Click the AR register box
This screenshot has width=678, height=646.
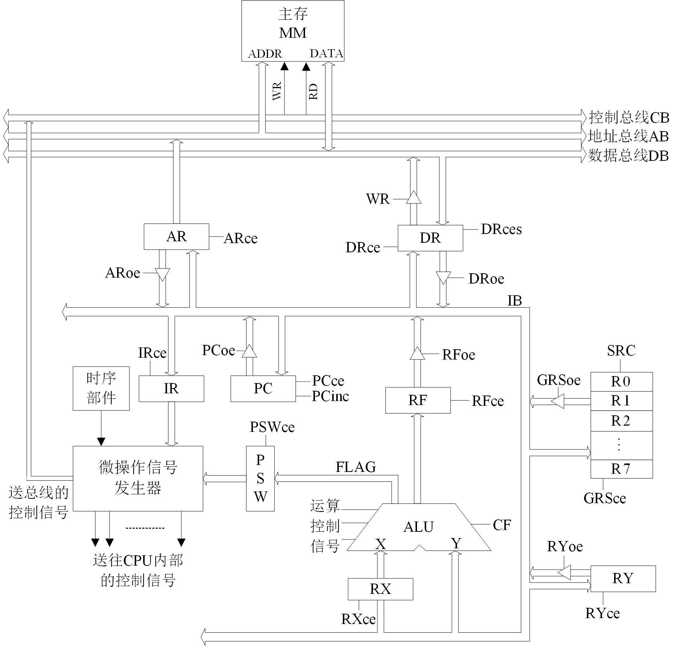(x=176, y=237)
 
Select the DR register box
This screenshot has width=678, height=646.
(x=430, y=238)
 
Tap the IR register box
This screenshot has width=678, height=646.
(x=171, y=389)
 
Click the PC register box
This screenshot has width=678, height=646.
(x=263, y=389)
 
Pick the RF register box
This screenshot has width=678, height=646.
(x=418, y=400)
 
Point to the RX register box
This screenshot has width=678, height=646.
(x=380, y=589)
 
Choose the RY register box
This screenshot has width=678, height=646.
(x=623, y=578)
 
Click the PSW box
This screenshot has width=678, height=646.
(x=260, y=478)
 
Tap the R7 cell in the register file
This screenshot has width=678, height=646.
(x=621, y=469)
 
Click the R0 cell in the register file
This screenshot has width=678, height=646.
(x=621, y=382)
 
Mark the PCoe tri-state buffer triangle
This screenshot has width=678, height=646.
(x=249, y=351)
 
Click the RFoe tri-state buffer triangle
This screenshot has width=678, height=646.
(x=417, y=354)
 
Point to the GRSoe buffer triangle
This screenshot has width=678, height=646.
(x=558, y=401)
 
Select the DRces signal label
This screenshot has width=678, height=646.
(x=501, y=229)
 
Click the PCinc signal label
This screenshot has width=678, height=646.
(x=330, y=396)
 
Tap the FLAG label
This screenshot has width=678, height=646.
(x=356, y=467)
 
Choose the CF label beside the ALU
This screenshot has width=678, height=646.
(x=502, y=525)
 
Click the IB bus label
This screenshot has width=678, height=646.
(x=515, y=301)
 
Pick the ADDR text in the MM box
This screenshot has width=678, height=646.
(x=265, y=54)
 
